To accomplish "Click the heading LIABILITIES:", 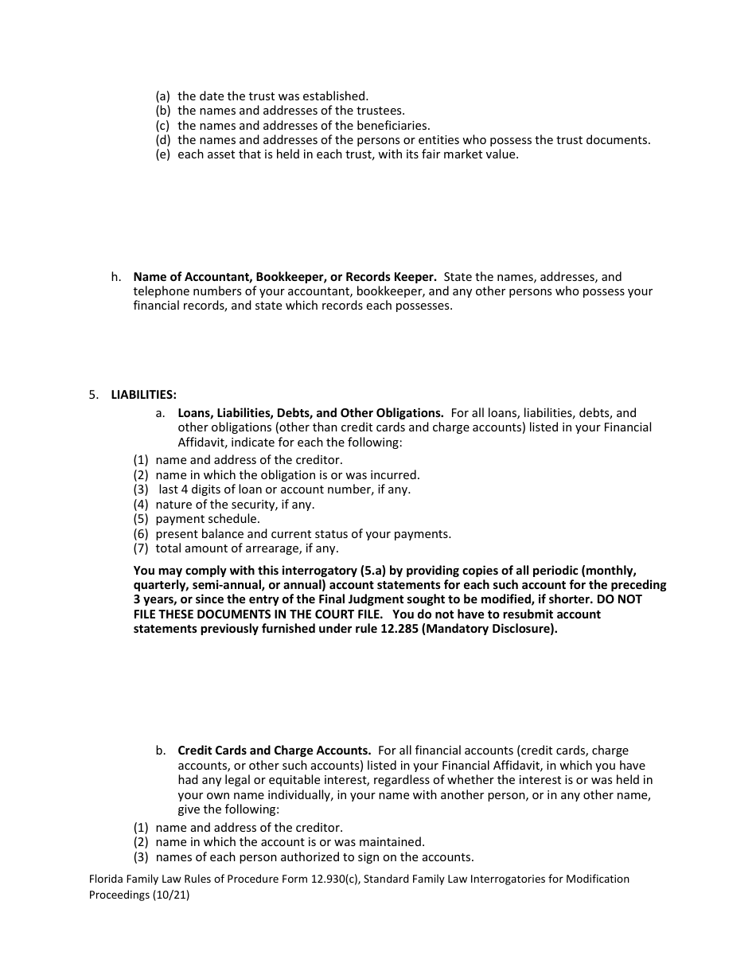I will tap(144, 395).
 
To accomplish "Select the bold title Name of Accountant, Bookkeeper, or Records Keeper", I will tap(285, 277).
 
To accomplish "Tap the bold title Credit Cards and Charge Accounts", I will tap(274, 750).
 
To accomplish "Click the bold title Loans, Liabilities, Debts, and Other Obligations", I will tap(310, 413).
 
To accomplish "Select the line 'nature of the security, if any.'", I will tap(235, 504).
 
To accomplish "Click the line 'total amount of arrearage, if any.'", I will tap(247, 548).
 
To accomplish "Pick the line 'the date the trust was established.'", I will tap(273, 96).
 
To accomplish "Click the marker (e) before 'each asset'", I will tap(163, 154).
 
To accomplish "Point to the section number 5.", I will tap(93, 395).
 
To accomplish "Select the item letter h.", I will tap(116, 277).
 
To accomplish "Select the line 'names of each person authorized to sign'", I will tap(314, 857).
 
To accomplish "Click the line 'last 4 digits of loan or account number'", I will tap(284, 489).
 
